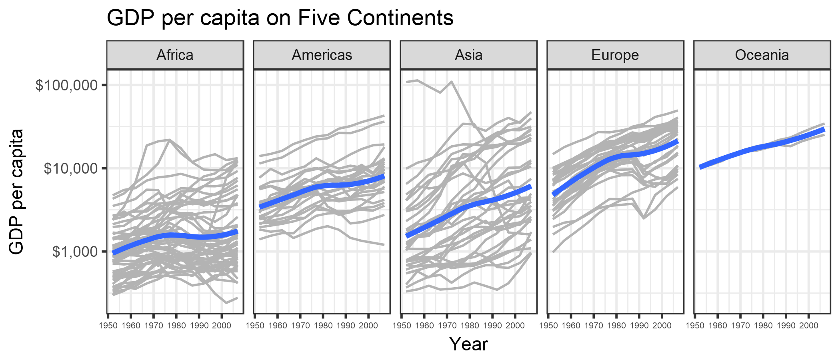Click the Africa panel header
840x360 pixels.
pyautogui.click(x=175, y=55)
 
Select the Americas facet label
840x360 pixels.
pyautogui.click(x=322, y=55)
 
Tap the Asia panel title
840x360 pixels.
pyautogui.click(x=468, y=55)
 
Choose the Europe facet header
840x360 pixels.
pyautogui.click(x=615, y=55)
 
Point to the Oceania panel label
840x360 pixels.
pyautogui.click(x=762, y=55)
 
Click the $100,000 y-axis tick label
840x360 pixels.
pyautogui.click(x=66, y=85)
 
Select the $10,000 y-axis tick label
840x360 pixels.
pyautogui.click(x=71, y=168)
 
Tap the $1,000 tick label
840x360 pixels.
pyautogui.click(x=75, y=252)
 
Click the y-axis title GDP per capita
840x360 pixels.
pyautogui.click(x=16, y=192)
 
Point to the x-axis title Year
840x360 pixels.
pyautogui.click(x=468, y=344)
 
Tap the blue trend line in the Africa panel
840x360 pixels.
pyautogui.click(x=175, y=236)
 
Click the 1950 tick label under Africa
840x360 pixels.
pyautogui.click(x=108, y=326)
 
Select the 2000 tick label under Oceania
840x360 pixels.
pyautogui.click(x=809, y=326)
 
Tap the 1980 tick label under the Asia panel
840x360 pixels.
pyautogui.click(x=470, y=326)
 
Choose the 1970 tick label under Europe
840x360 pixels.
pyautogui.click(x=594, y=326)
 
